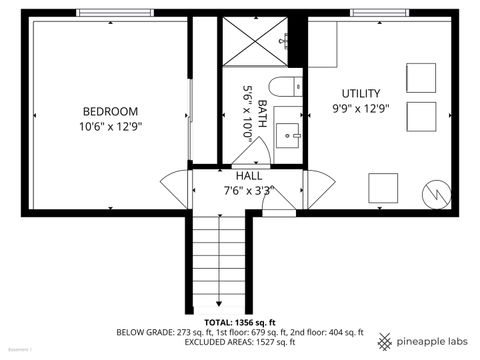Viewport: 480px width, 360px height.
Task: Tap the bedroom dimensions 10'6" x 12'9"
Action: [x=110, y=127]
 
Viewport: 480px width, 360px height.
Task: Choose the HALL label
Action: [x=248, y=174]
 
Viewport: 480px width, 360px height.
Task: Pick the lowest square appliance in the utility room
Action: [x=384, y=187]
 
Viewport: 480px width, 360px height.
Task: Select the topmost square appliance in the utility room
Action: [x=421, y=77]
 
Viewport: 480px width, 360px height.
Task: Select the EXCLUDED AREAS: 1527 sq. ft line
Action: [x=240, y=342]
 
